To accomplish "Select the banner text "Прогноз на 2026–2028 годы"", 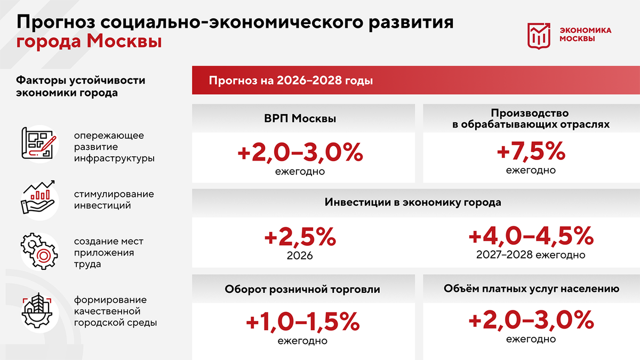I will [x=291, y=81].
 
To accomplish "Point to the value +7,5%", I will [x=531, y=152].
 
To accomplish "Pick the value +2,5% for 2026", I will [x=300, y=237].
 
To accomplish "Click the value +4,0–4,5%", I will [x=531, y=236].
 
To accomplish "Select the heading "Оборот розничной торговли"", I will [x=302, y=290].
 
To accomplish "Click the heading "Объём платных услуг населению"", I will [x=531, y=289].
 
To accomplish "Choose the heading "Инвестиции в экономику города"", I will [x=413, y=203].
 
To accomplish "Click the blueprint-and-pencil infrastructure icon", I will [x=38, y=143].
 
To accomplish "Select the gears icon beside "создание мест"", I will [x=37, y=251].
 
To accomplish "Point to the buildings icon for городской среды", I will [x=37, y=309].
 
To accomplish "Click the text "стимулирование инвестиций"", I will [x=114, y=199].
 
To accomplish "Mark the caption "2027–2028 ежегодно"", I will [x=531, y=255].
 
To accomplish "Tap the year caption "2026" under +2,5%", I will [x=300, y=256].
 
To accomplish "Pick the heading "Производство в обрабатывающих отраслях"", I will [x=531, y=119].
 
